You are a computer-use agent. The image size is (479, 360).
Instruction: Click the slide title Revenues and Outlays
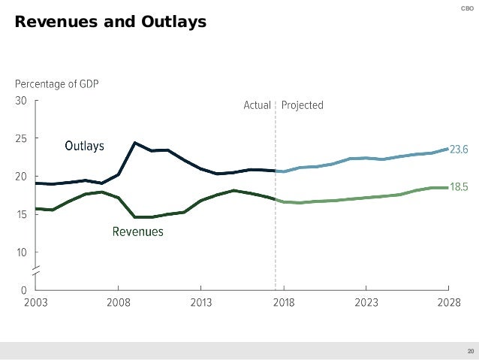(110, 23)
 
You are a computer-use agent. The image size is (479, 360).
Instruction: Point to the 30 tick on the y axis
(21, 101)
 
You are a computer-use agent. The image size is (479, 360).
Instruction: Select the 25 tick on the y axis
(21, 139)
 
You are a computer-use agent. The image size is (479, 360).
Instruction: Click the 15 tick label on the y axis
(21, 215)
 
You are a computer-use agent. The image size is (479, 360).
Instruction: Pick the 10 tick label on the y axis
(21, 253)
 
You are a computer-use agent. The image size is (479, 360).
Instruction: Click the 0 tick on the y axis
(24, 290)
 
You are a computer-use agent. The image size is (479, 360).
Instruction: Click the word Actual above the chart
(257, 106)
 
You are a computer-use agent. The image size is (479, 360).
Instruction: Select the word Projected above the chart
(303, 106)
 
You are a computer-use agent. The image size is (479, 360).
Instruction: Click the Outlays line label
(84, 145)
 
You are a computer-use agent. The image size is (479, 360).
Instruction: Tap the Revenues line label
(137, 232)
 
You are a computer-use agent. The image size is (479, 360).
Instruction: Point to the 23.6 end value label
(459, 150)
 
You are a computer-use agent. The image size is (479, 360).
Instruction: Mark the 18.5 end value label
(459, 187)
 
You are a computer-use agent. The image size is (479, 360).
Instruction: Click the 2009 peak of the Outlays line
(134, 143)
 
